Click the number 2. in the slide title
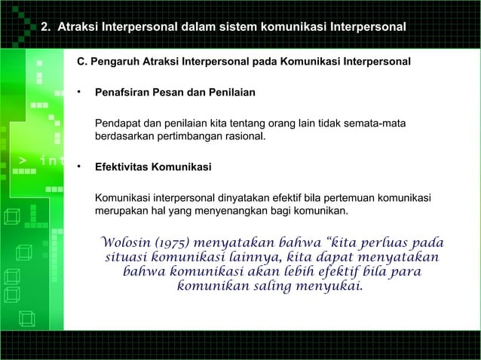pyautogui.click(x=45, y=28)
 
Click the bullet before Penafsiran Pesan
pyautogui.click(x=78, y=93)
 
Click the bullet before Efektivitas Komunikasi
pyautogui.click(x=78, y=166)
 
